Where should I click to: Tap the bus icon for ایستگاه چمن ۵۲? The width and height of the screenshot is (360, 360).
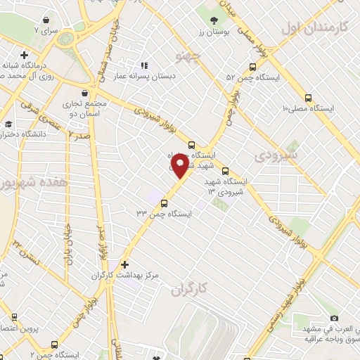coord(253,67)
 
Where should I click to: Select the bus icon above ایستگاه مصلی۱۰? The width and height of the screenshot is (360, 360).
coord(307,97)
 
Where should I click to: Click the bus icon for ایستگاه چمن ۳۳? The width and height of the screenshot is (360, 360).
coord(165,204)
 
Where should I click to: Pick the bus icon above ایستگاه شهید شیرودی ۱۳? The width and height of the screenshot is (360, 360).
coord(225,171)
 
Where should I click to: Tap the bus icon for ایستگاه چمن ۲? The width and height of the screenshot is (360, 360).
coord(54,345)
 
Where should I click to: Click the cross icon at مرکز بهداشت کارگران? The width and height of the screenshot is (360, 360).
coord(125,265)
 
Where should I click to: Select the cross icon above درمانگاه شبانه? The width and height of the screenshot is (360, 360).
coord(25,55)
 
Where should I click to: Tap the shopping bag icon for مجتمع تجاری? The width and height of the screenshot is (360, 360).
coord(85,93)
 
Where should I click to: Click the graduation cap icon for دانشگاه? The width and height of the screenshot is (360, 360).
coord(8,124)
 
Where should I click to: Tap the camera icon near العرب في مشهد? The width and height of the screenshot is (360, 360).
coord(334,319)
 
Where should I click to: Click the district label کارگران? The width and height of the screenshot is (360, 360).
coord(191,289)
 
